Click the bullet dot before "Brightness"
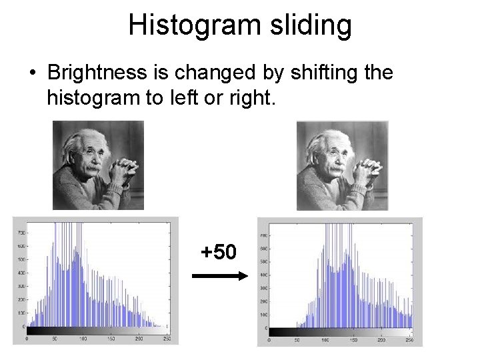click(33, 73)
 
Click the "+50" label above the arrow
click(219, 252)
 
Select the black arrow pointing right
click(219, 275)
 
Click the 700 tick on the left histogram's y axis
click(20, 233)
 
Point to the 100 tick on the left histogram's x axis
click(83, 339)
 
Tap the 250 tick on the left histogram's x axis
click(167, 339)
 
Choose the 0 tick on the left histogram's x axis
click(26, 339)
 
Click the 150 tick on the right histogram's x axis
click(353, 340)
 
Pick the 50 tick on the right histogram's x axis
click(296, 340)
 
